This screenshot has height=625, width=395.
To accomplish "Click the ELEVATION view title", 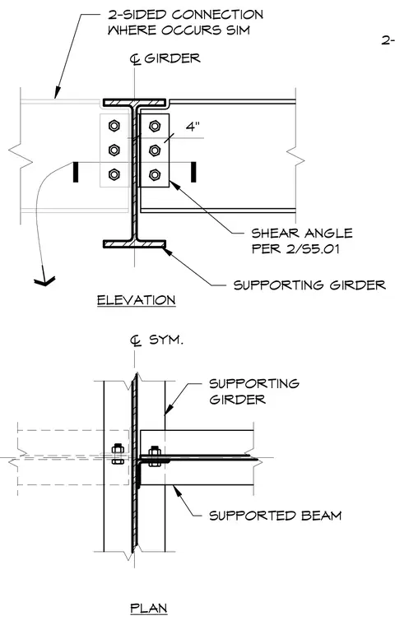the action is tap(136, 299).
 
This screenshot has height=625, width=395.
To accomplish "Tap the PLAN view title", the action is tap(149, 609).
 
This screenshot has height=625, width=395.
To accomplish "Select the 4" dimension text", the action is tap(193, 127).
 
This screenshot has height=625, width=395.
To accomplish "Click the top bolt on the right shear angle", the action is tap(155, 126).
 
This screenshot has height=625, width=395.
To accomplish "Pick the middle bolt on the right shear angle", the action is tap(155, 150).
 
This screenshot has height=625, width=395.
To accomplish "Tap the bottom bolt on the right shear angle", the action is tap(155, 174).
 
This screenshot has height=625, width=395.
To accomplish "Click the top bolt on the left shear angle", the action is tap(114, 126).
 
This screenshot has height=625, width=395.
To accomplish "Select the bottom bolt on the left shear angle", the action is tap(114, 174).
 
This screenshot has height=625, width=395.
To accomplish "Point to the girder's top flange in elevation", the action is tap(134, 103).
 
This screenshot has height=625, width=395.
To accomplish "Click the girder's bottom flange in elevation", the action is tap(134, 244).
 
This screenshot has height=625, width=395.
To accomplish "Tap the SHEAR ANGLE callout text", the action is tap(302, 234).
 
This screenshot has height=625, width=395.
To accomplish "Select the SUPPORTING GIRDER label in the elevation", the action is tap(309, 285).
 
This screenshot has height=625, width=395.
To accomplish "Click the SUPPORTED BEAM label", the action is tap(276, 516).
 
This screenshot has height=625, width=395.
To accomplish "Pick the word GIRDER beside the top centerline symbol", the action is tap(172, 58).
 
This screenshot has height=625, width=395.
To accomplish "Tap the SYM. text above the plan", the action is tap(166, 340).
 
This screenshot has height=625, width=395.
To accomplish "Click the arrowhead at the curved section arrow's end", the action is tap(44, 281).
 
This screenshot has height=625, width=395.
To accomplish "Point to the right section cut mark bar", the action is tap(193, 172).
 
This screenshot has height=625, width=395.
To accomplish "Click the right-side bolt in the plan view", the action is tap(155, 456).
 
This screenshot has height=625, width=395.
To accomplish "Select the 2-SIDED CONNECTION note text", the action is tap(185, 22).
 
